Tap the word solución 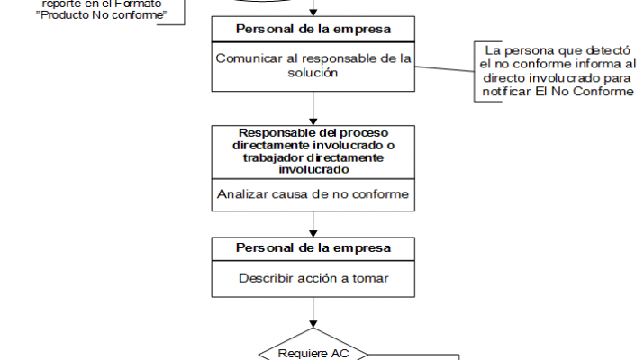point(313,72)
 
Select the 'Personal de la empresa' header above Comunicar point(313,29)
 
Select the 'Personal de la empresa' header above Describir point(313,247)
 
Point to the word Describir point(265,277)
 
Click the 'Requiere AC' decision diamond point(313,351)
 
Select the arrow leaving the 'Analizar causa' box point(313,223)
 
